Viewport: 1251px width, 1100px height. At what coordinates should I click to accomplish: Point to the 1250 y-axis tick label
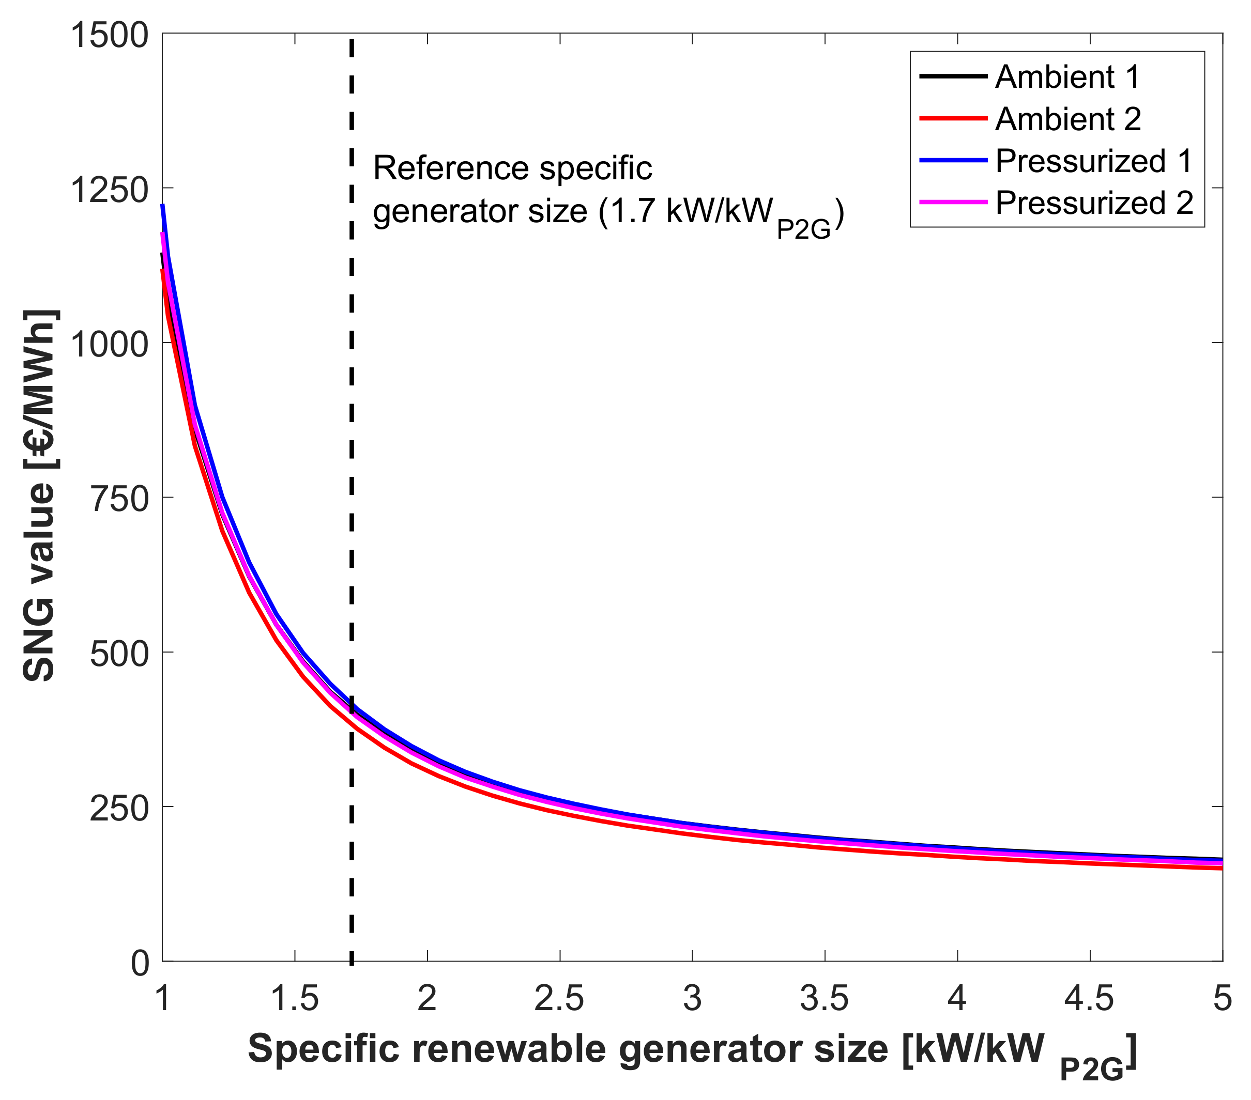click(x=110, y=190)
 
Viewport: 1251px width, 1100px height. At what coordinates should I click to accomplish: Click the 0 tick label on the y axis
click(x=140, y=964)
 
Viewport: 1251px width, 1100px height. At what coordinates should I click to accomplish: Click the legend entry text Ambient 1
click(x=1068, y=76)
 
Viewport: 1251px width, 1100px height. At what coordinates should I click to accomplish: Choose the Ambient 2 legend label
click(x=1068, y=119)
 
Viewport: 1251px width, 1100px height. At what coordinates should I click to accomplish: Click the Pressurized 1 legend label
click(x=1094, y=161)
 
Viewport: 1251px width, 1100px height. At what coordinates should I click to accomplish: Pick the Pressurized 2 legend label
click(x=1094, y=203)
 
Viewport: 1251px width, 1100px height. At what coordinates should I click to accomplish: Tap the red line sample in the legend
click(x=953, y=119)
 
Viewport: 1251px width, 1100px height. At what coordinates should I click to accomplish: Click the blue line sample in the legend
click(x=953, y=161)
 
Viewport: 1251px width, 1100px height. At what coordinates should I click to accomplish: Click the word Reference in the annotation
click(x=452, y=168)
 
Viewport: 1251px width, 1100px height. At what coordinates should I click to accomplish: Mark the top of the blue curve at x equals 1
click(x=163, y=206)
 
